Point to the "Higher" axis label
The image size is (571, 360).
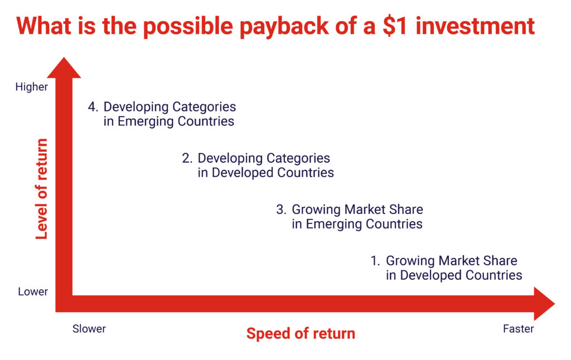[x=32, y=87]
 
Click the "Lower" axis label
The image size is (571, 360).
[x=33, y=291]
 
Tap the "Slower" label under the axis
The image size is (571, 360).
[x=89, y=329]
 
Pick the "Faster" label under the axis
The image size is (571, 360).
[x=518, y=329]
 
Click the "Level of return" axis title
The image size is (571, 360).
[x=41, y=188]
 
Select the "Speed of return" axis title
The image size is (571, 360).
[x=301, y=333]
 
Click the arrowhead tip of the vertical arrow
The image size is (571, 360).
[x=64, y=57]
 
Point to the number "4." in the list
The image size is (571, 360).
[x=93, y=107]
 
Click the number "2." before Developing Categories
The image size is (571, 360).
[x=187, y=158]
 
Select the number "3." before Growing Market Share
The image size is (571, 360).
[x=281, y=210]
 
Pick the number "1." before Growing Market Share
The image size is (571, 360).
[x=375, y=261]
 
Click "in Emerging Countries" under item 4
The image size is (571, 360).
[x=168, y=121]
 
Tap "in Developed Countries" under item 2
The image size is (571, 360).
[x=265, y=173]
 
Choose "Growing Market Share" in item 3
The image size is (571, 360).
[x=357, y=210]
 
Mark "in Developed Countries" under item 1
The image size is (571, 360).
[x=454, y=275]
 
